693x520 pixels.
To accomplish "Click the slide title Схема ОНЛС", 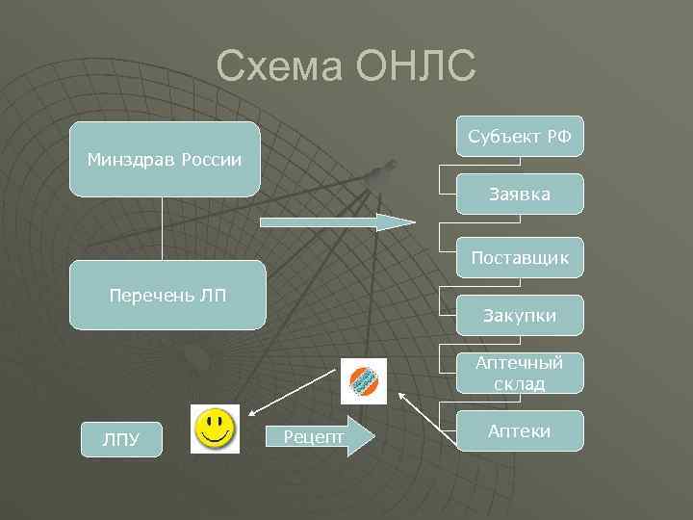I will pyautogui.click(x=346, y=66).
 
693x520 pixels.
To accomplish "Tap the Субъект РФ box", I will pyautogui.click(x=520, y=138).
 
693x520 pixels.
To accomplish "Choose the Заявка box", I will pyautogui.click(x=520, y=195).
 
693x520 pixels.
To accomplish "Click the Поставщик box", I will pyautogui.click(x=520, y=258).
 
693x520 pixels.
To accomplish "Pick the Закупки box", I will pyautogui.click(x=520, y=316).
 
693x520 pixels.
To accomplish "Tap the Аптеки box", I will pyautogui.click(x=520, y=430).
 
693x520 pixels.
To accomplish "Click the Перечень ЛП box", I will pyautogui.click(x=169, y=295).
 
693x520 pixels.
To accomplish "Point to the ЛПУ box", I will pyautogui.click(x=121, y=439).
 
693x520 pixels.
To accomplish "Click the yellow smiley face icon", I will pyautogui.click(x=216, y=429).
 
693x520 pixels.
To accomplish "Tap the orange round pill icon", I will pyautogui.click(x=364, y=381).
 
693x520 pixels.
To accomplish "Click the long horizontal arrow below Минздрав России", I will pyautogui.click(x=337, y=222).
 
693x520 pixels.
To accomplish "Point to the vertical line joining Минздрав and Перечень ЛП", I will pyautogui.click(x=163, y=228).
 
